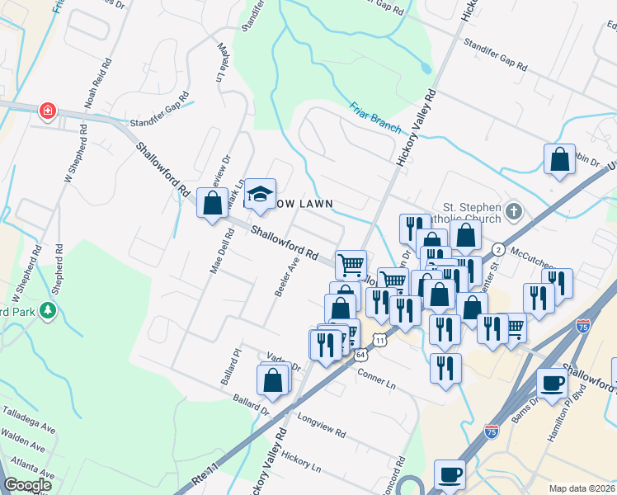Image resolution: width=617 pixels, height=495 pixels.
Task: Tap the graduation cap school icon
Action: coord(261,194)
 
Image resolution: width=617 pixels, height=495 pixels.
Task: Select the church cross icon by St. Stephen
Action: coord(514,212)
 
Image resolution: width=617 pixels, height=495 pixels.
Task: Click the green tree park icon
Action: coord(49,309)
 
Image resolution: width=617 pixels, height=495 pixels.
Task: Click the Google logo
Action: coord(27,485)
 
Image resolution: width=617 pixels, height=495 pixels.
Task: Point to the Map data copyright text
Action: coord(582,488)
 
